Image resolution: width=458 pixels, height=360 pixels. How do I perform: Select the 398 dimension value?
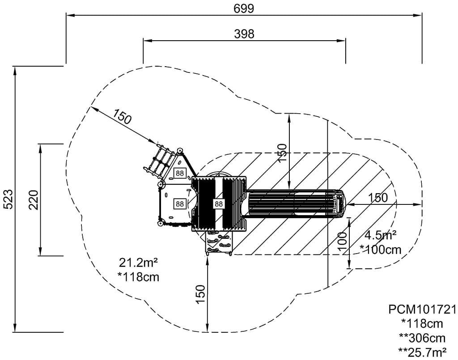(244, 34)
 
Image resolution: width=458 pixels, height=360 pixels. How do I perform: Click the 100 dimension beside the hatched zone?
(343, 242)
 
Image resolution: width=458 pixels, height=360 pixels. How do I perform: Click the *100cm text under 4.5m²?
(381, 250)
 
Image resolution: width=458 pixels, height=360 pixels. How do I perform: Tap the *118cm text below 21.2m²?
(138, 277)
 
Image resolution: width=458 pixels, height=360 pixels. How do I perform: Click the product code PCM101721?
(422, 309)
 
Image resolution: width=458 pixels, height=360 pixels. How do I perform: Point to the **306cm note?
(422, 337)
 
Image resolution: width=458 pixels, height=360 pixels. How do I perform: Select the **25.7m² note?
(422, 351)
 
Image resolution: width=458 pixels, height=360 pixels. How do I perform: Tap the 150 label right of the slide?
(378, 198)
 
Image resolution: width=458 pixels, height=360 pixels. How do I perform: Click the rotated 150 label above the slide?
(282, 153)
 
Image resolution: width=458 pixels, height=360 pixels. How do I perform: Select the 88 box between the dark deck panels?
(218, 203)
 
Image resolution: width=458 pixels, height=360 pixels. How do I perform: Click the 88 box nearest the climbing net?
(180, 173)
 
